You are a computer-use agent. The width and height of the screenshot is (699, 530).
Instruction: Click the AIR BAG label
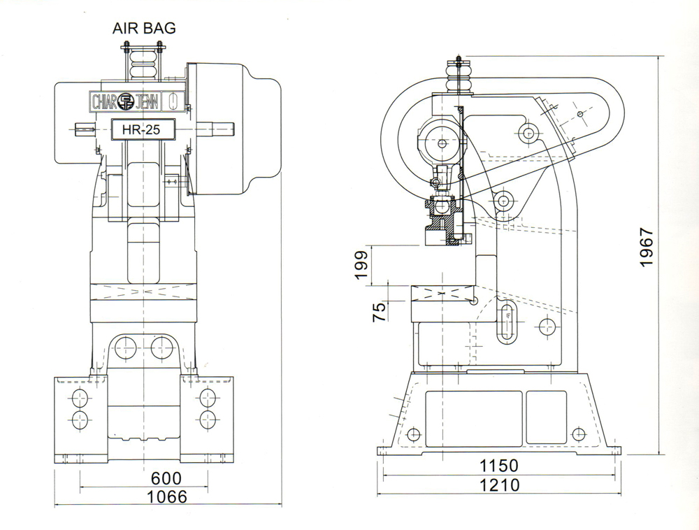(145, 29)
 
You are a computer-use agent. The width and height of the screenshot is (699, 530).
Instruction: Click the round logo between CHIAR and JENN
(127, 102)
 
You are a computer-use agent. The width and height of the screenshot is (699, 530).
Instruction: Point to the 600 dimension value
(166, 478)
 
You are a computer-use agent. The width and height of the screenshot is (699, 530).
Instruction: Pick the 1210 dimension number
(498, 485)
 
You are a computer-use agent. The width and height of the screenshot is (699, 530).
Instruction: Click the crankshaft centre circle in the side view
(442, 143)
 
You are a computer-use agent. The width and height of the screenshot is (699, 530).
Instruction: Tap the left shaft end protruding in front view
(85, 129)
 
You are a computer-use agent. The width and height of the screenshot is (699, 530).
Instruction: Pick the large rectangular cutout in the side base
(473, 418)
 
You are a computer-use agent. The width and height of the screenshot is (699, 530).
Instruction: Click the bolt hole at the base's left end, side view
(413, 434)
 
